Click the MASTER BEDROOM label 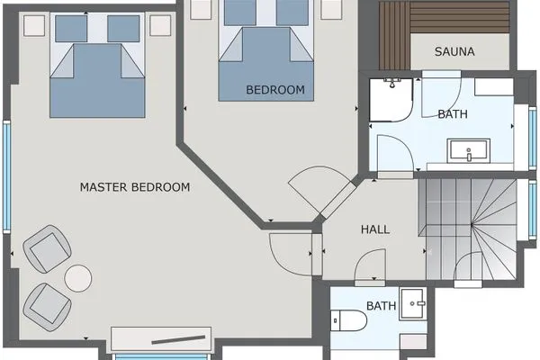click(135, 187)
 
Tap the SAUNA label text click(454, 51)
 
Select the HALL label click(375, 229)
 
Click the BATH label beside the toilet click(382, 306)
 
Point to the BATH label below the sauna click(452, 114)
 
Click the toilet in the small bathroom click(346, 319)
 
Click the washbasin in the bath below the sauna click(469, 150)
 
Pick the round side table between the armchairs click(79, 277)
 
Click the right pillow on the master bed click(122, 29)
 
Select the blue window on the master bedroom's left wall click(7, 175)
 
